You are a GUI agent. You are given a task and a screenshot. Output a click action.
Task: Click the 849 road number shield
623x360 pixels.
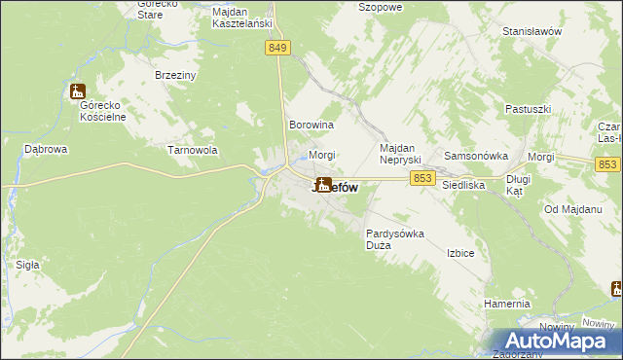[277, 48]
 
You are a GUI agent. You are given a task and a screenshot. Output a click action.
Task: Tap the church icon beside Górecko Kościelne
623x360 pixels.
[78, 91]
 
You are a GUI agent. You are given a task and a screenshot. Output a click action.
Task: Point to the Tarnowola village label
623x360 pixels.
[192, 150]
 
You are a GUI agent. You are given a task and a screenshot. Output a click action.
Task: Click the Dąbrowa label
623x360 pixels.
[45, 150]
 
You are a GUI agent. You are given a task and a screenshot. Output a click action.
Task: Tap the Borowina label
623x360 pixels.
[311, 126]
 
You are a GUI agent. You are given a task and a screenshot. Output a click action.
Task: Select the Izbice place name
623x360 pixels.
[459, 253]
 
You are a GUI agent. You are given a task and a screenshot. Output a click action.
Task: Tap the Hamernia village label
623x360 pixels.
[506, 304]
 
